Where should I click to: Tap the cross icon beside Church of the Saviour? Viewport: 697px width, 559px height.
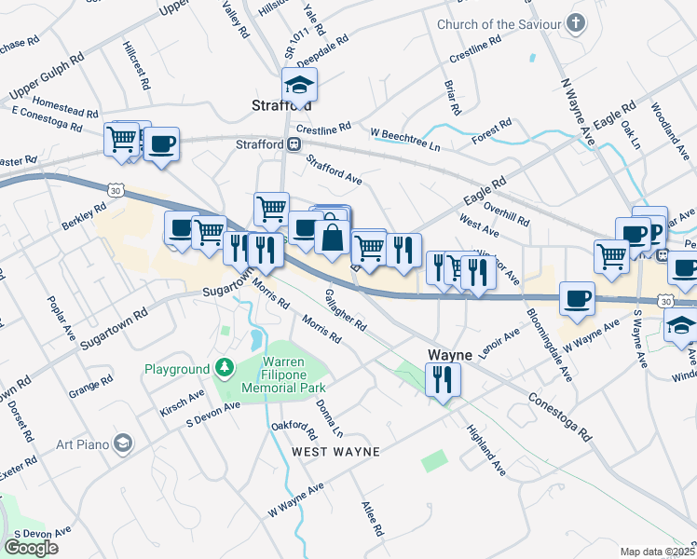[577, 21]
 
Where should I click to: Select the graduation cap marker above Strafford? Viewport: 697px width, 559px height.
[300, 86]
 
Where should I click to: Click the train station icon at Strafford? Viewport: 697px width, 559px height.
[293, 144]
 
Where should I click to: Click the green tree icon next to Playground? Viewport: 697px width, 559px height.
[223, 369]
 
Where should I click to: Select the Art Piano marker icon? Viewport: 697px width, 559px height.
[122, 443]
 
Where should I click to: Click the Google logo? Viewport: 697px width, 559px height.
[31, 547]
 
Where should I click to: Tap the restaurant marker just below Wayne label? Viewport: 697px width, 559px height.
[442, 380]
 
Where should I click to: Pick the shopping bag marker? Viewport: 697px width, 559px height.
[332, 237]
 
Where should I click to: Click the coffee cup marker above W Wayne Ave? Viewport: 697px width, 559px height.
[577, 298]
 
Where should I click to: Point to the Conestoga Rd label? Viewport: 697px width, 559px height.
[558, 415]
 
